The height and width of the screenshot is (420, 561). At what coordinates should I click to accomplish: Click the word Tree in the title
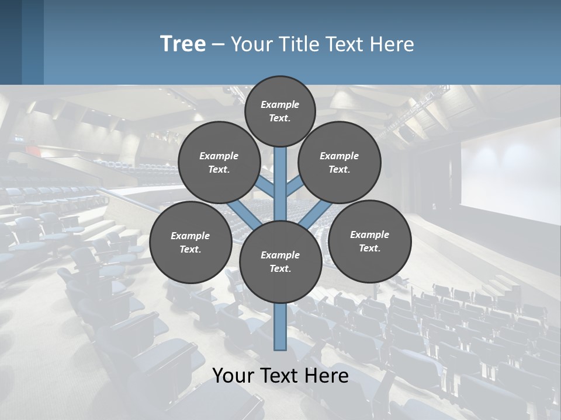[x=183, y=44]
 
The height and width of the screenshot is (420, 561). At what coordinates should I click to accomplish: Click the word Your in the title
[x=252, y=44]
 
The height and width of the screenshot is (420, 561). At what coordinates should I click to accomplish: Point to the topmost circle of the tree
[x=280, y=111]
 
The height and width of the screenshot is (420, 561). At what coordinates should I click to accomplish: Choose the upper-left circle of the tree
[x=219, y=162]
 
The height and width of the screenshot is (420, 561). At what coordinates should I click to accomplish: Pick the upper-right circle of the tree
[x=340, y=162]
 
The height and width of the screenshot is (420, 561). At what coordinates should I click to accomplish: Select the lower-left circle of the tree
[x=191, y=242]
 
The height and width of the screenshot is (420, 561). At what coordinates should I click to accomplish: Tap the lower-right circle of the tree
[x=370, y=241]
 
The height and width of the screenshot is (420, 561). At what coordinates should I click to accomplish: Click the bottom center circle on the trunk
[x=280, y=261]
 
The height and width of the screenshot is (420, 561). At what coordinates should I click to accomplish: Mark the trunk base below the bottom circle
[x=280, y=327]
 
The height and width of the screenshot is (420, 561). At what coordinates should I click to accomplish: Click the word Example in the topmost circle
[x=280, y=104]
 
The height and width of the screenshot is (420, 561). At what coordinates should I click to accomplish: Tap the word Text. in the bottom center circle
[x=280, y=268]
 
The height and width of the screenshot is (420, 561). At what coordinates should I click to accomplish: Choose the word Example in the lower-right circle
[x=369, y=235]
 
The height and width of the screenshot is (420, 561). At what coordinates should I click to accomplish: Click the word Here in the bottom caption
[x=328, y=376]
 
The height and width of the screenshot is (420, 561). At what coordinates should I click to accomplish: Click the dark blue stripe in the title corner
[x=11, y=42]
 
